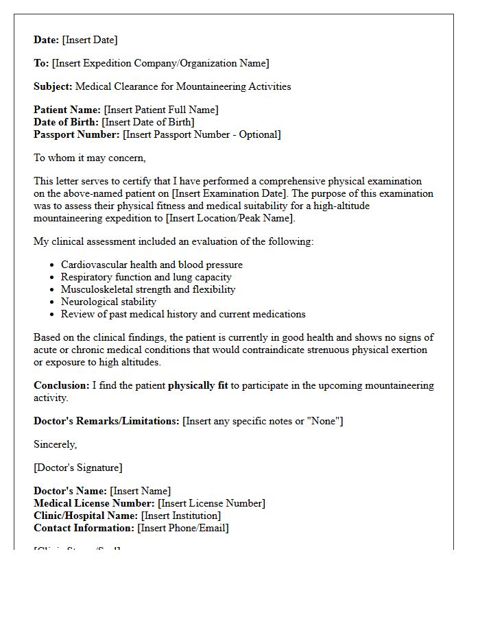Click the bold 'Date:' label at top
tap(47, 40)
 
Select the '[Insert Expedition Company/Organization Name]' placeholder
tap(160, 63)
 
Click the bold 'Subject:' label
tap(53, 86)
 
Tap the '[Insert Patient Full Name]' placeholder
tap(161, 110)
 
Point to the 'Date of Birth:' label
tap(67, 122)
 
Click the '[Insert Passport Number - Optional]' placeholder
tap(202, 134)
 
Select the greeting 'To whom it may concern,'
tap(90, 158)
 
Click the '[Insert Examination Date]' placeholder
tap(234, 193)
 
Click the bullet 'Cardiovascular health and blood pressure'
tap(152, 265)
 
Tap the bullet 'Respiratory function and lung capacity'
tap(146, 277)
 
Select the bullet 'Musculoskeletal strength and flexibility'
tap(148, 289)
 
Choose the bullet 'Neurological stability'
tap(108, 302)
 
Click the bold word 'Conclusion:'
tap(62, 385)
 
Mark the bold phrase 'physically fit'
tap(197, 385)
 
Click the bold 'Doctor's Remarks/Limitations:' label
tap(106, 421)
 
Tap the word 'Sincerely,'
tap(56, 444)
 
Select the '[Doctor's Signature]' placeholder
tap(78, 468)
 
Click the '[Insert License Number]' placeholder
tap(211, 503)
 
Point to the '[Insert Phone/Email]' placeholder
tap(183, 528)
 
